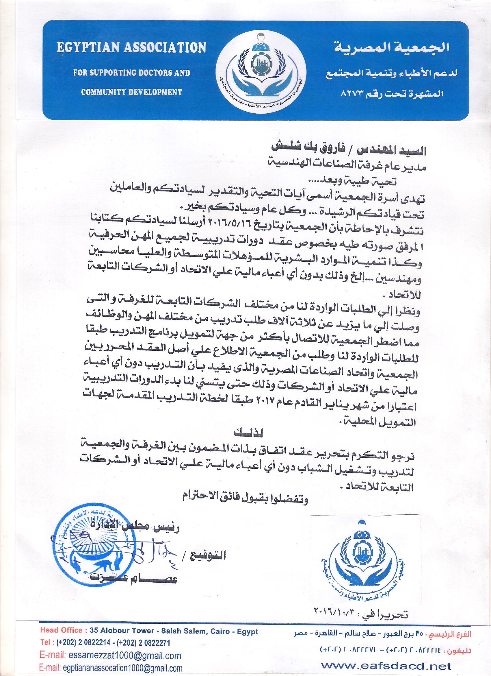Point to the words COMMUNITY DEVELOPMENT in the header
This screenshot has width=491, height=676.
tap(131, 92)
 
